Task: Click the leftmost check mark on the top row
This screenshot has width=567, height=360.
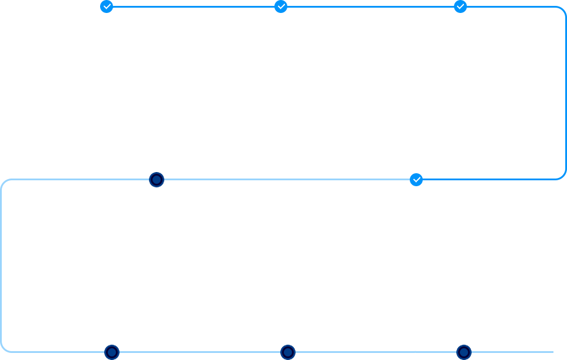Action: click(107, 6)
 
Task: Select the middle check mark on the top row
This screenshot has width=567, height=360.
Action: click(281, 6)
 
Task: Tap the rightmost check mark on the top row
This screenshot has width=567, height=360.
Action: click(460, 6)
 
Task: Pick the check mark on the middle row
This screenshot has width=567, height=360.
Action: click(416, 179)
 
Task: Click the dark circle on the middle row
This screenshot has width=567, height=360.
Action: click(156, 180)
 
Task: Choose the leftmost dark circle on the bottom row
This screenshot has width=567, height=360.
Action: click(112, 352)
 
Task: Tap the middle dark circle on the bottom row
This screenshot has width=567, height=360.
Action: click(287, 352)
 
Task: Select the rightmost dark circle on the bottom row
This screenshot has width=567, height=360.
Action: click(464, 352)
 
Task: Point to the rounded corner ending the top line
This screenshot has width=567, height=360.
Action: click(563, 9)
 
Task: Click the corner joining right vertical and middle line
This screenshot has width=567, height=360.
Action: click(563, 176)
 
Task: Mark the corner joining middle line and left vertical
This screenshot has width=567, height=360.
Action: click(4, 182)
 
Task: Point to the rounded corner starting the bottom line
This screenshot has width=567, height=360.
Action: click(4, 349)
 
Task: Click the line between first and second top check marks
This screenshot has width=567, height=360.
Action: click(194, 7)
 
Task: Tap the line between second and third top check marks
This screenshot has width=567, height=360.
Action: click(371, 7)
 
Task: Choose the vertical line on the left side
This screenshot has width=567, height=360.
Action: click(2, 265)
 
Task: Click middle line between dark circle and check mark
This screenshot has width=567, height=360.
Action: click(286, 179)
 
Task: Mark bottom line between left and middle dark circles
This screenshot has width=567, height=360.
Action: click(200, 352)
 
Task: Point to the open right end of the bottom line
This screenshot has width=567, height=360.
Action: click(551, 352)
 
